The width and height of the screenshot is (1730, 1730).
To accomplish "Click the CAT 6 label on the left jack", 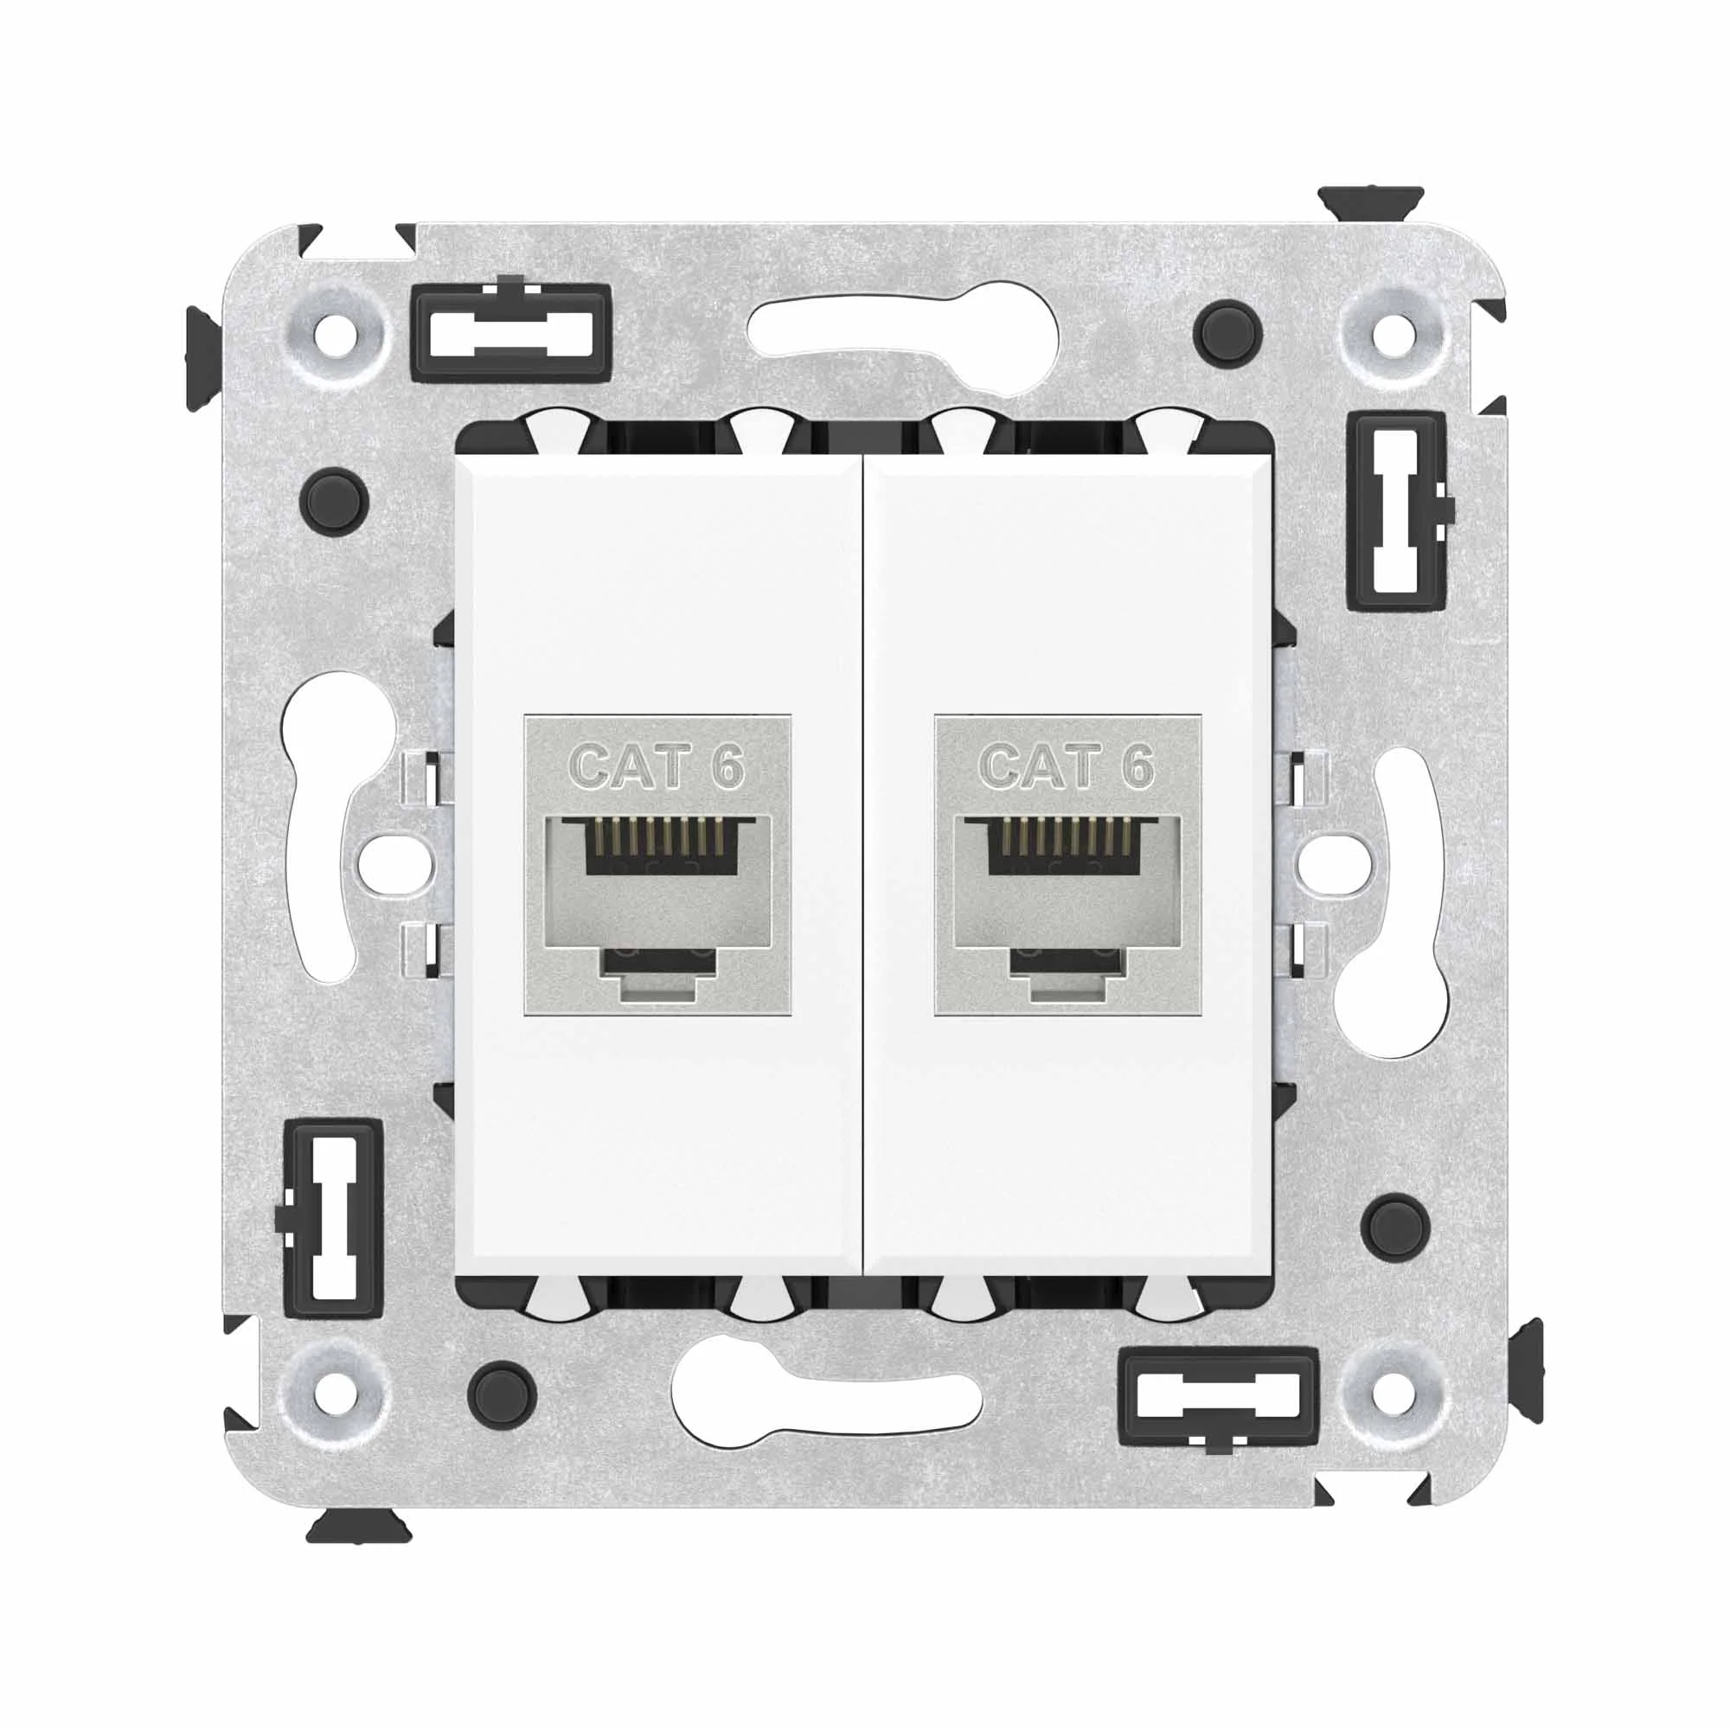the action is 657,766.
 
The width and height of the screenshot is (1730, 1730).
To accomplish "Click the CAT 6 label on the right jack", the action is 1067,766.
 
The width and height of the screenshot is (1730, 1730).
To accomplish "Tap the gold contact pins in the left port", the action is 657,836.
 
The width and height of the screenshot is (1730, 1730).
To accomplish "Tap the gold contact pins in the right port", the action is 1067,836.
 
